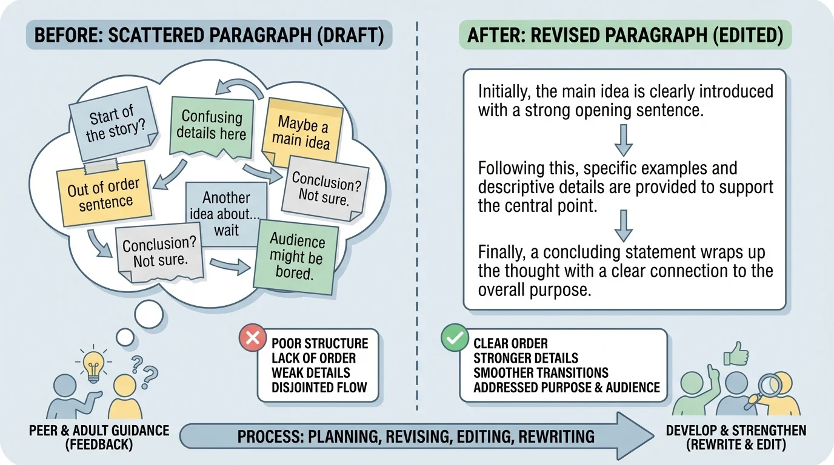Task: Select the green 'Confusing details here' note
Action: (211, 125)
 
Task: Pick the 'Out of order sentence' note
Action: (102, 194)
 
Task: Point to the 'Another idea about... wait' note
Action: (225, 214)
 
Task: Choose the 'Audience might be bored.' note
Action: (296, 256)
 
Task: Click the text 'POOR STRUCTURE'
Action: (319, 343)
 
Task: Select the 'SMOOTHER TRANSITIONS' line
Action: (541, 372)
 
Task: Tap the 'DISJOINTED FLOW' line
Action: (319, 387)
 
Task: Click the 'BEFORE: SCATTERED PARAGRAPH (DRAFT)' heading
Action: (209, 35)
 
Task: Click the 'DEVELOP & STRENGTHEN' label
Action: (736, 431)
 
